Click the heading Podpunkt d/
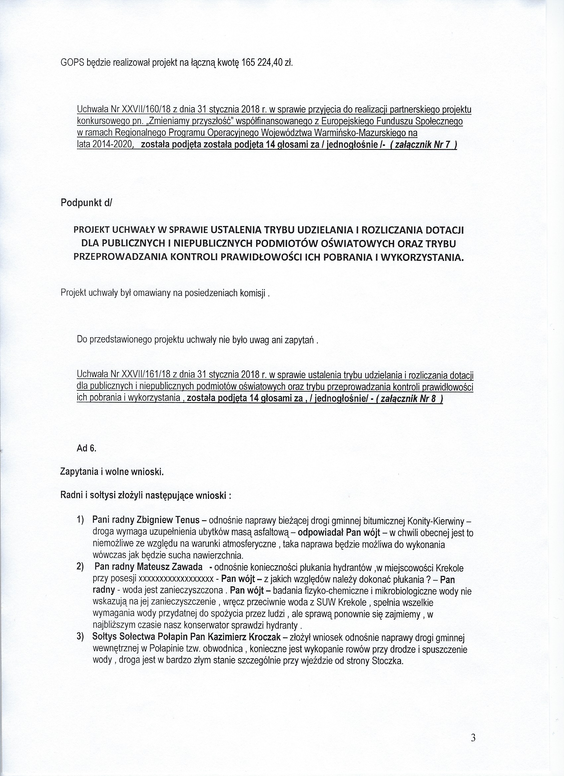pyautogui.click(x=86, y=202)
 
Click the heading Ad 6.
pyautogui.click(x=87, y=448)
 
